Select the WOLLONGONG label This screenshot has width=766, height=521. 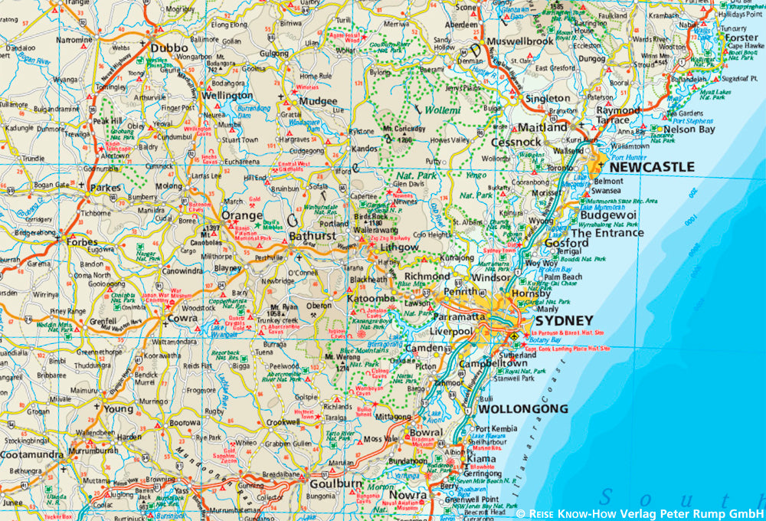coord(522,409)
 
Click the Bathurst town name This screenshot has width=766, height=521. coord(312,237)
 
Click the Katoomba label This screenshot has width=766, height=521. coord(371,297)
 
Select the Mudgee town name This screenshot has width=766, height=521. coord(318,101)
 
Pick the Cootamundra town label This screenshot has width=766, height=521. coord(32,454)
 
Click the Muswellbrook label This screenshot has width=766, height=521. coord(520,41)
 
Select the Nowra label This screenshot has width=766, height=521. coord(406,496)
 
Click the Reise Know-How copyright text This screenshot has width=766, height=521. coord(640,513)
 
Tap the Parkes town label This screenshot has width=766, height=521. coord(105,187)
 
